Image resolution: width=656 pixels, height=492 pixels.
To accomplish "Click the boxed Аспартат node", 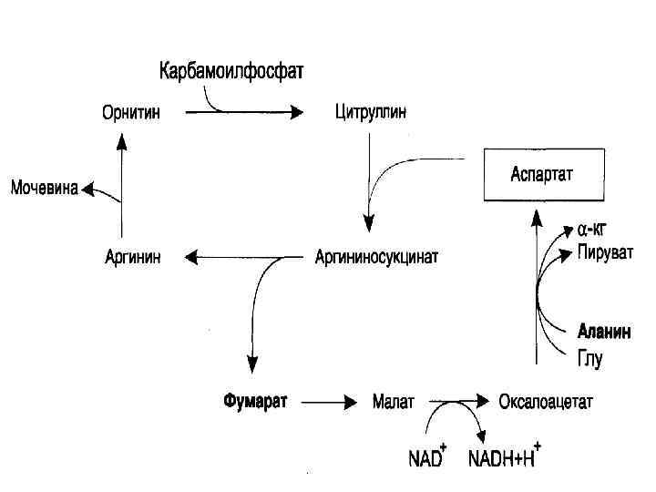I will point(543,173).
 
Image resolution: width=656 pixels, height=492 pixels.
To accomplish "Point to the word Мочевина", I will point(44,190).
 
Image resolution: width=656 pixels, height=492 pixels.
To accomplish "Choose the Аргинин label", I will point(133,257).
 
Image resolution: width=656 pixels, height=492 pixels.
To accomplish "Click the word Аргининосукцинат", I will point(376,257).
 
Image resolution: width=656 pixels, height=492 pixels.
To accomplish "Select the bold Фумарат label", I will point(255,401).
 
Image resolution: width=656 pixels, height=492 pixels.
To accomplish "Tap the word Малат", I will point(394,401).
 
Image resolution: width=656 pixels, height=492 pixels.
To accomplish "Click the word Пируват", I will point(604,251).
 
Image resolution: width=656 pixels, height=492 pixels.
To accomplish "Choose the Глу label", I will point(589,358).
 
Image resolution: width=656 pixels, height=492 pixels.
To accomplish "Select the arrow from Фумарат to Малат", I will point(330,401).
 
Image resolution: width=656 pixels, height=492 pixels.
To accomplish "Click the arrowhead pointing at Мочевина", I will point(87,190).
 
